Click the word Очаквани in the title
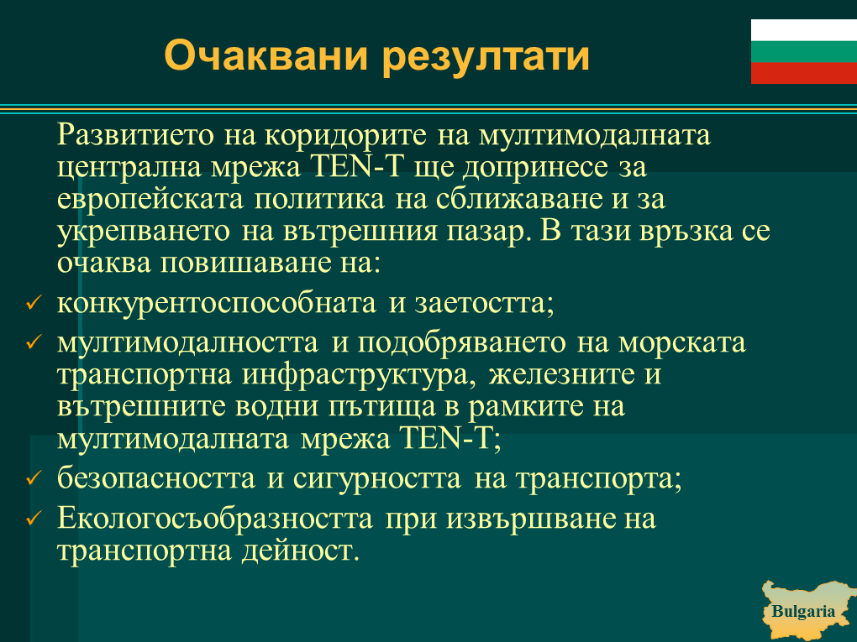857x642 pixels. click(266, 55)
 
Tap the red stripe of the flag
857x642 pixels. click(804, 73)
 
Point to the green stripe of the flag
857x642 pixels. click(804, 52)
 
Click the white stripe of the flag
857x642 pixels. click(804, 30)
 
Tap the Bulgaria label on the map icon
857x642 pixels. click(803, 611)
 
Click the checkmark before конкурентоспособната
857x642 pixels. click(34, 302)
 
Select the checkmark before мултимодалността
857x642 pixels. click(34, 342)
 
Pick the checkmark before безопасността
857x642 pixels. click(34, 478)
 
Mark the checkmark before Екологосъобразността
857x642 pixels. click(34, 518)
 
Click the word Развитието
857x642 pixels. click(135, 135)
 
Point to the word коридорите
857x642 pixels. click(345, 135)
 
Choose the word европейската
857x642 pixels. click(150, 199)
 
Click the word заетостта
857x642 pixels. click(484, 303)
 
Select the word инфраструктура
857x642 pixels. click(359, 375)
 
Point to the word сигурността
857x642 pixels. click(377, 478)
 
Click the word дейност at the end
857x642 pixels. click(300, 551)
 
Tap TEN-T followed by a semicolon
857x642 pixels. click(450, 438)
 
